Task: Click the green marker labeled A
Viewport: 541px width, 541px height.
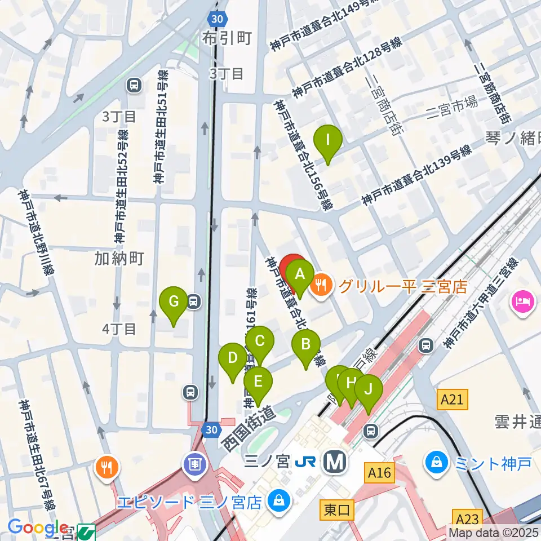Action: (x=300, y=274)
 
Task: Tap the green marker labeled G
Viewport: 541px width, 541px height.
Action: (x=174, y=301)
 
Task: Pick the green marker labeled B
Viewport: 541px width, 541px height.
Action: (x=306, y=344)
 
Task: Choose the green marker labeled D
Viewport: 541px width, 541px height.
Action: (x=233, y=358)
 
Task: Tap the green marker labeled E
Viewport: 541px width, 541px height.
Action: (x=258, y=382)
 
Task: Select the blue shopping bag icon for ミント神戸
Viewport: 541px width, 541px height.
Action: (x=437, y=463)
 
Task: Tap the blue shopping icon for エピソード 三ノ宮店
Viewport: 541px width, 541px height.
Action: (x=277, y=499)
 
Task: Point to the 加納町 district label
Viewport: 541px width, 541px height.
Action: (x=119, y=258)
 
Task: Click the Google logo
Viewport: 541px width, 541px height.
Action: (x=38, y=528)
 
